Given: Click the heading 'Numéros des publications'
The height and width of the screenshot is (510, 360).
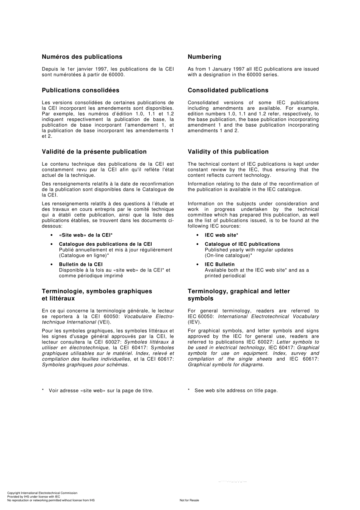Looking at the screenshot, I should click(x=82, y=57).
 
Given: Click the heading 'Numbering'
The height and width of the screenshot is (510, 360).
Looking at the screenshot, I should click(x=204, y=57).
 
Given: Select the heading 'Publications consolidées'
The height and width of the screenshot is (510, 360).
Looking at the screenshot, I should click(x=80, y=90).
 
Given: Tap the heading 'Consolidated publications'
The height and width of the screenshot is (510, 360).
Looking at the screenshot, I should click(x=228, y=90).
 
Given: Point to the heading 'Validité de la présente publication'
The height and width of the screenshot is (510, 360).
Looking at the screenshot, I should click(x=94, y=152).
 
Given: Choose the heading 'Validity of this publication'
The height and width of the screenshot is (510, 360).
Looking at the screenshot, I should click(x=228, y=152).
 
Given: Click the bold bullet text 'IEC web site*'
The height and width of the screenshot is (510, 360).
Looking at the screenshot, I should click(x=221, y=235).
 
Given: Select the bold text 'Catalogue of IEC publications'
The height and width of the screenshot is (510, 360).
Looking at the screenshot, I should click(x=242, y=244).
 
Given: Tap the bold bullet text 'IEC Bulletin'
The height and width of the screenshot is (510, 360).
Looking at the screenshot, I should click(x=219, y=264).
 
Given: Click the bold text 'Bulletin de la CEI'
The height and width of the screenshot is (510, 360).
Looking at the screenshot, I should click(x=81, y=264).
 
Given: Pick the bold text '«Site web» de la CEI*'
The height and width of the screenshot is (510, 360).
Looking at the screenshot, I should click(x=86, y=235).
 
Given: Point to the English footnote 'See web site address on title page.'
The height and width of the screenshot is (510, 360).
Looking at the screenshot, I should click(x=236, y=391).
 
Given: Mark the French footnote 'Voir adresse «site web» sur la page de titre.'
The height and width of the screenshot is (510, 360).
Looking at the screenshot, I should click(x=101, y=391).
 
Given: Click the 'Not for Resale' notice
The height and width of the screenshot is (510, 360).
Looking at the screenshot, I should click(x=189, y=500).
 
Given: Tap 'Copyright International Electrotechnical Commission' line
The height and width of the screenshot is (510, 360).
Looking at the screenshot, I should click(x=42, y=493).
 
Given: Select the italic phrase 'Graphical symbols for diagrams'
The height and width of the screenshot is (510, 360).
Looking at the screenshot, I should click(x=225, y=365).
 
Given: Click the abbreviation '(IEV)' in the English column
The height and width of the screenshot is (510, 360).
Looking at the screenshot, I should click(x=194, y=322).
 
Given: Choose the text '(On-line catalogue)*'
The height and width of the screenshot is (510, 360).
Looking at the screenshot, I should click(x=229, y=256).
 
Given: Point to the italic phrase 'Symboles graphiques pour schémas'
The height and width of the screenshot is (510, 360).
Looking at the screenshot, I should click(x=85, y=365).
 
